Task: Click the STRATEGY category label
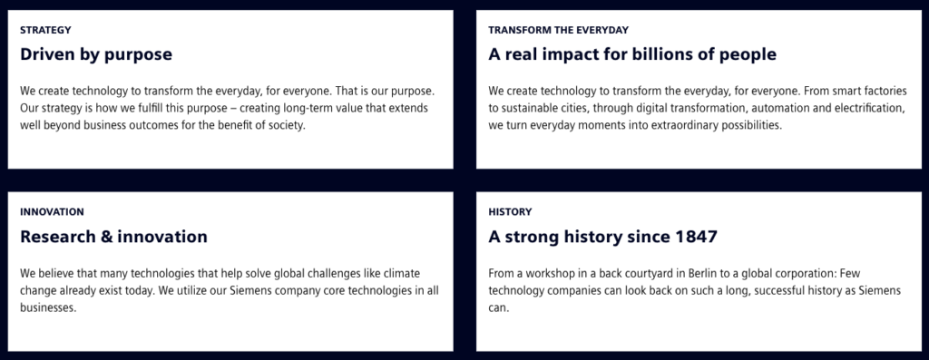[x=45, y=30]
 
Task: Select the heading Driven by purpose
[x=96, y=54]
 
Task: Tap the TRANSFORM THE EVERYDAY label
[x=558, y=30]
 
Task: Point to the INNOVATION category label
[x=52, y=211]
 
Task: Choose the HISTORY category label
[x=510, y=211]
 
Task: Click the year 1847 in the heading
[x=695, y=237]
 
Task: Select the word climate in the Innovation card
[x=400, y=273]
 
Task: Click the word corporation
[x=799, y=273]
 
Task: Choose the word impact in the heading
[x=558, y=54]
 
